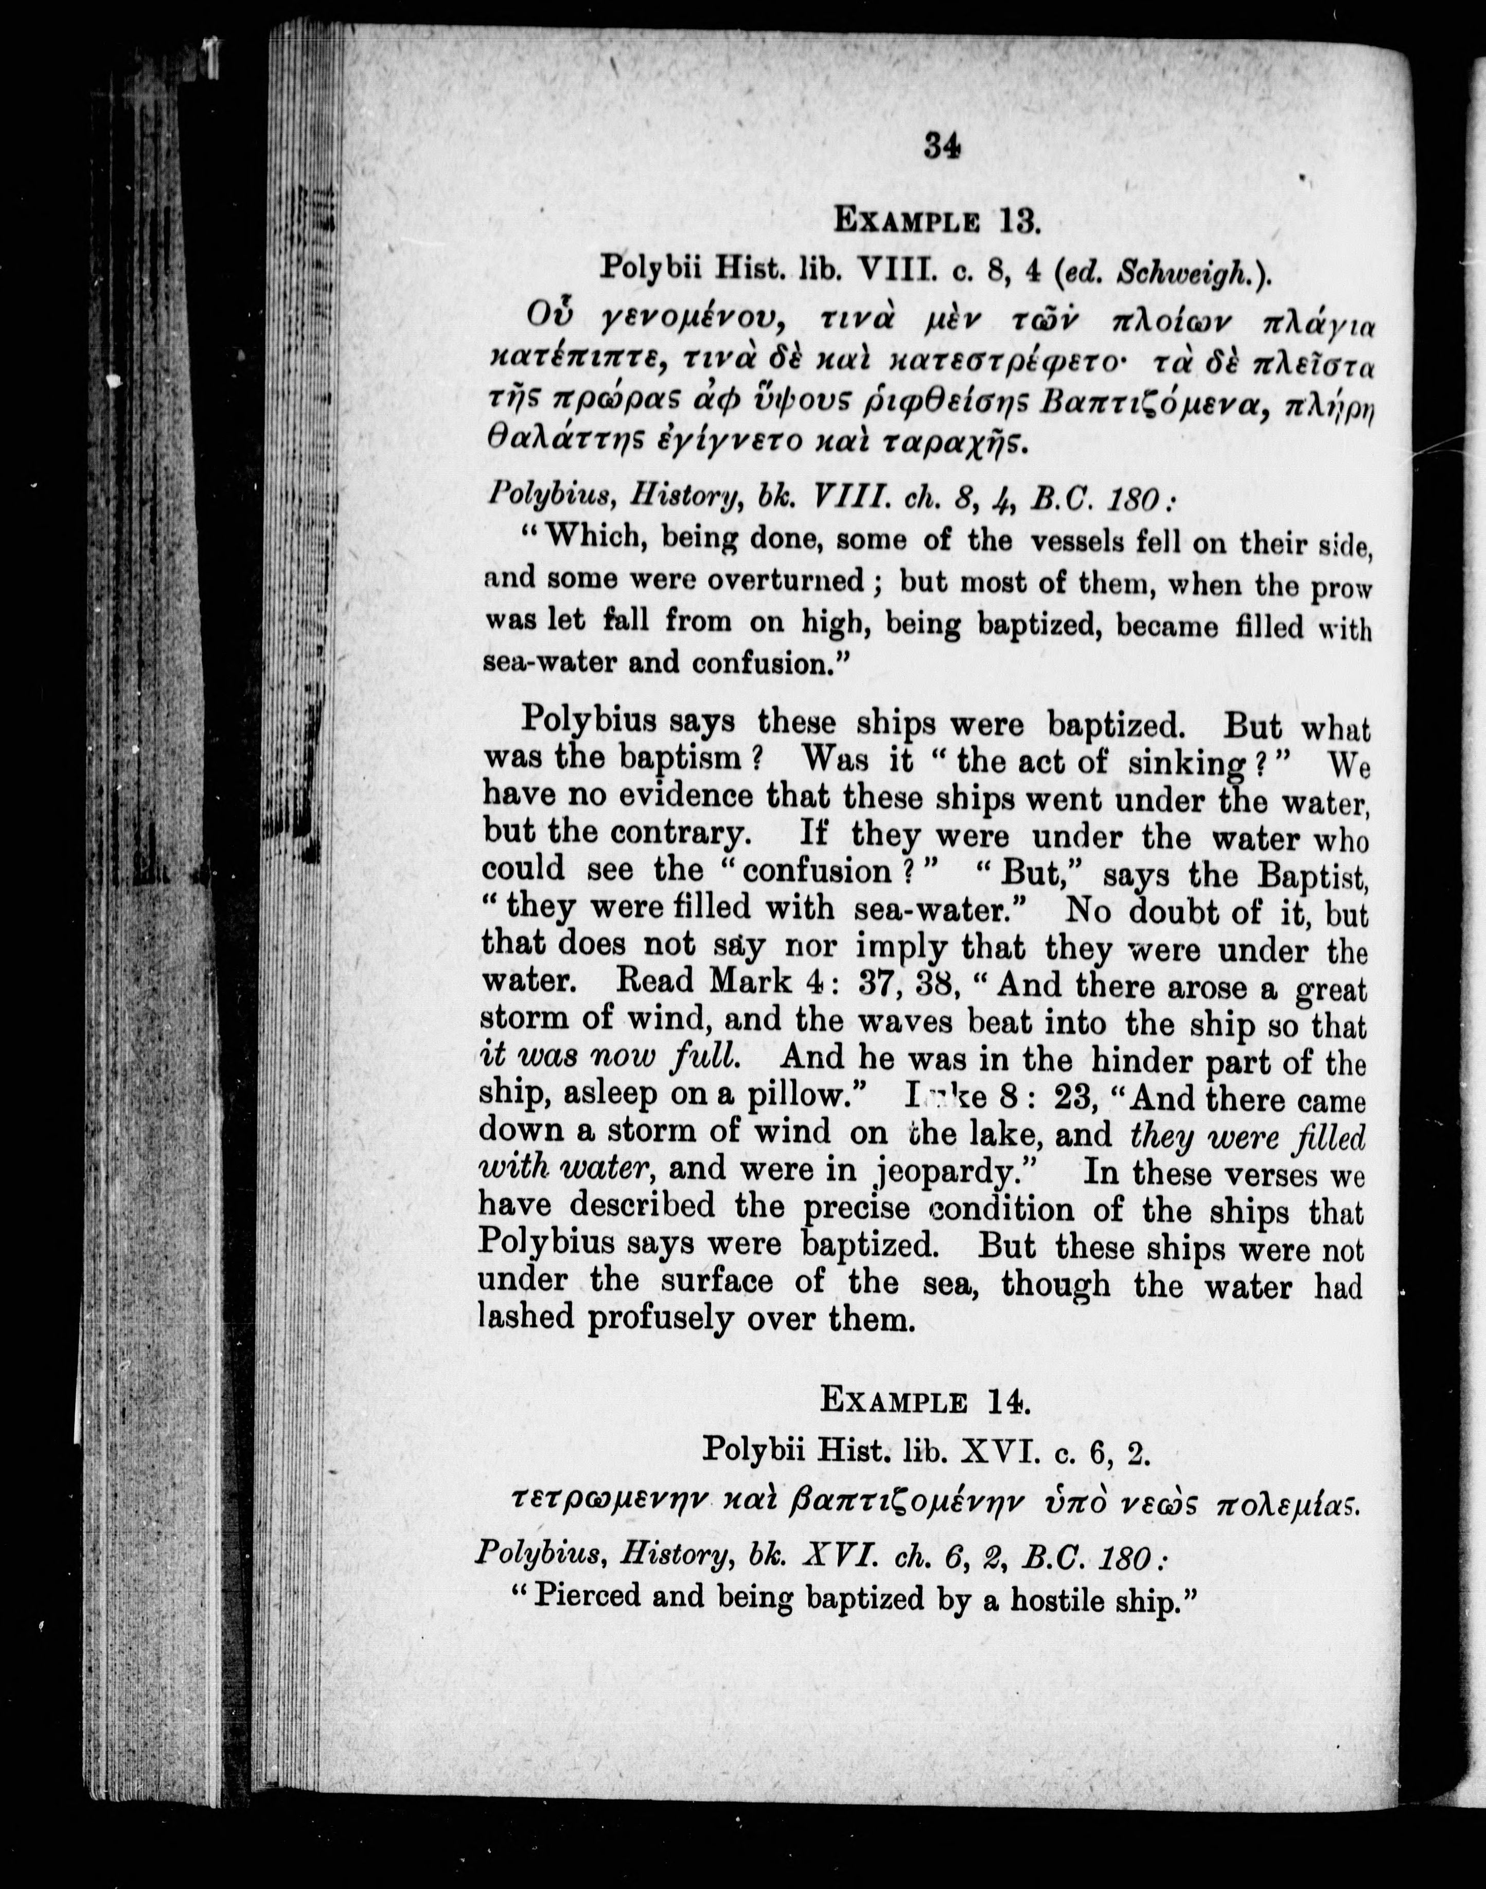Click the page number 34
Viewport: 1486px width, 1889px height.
[x=942, y=146]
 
